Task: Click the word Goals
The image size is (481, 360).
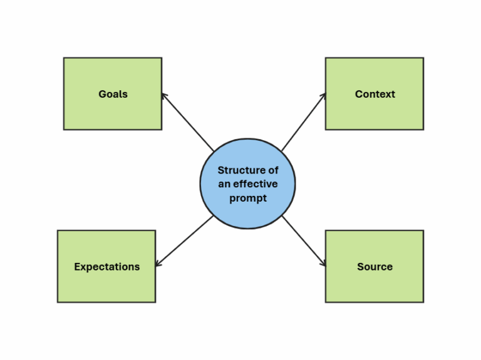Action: coord(113,95)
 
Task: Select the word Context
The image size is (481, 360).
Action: coord(375,95)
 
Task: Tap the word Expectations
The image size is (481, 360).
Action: coord(106,267)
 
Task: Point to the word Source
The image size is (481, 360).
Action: coord(375,267)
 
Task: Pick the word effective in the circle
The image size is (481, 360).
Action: coord(256,184)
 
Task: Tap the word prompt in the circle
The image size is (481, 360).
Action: coord(248,198)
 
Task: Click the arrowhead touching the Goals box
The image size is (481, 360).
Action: coord(163,96)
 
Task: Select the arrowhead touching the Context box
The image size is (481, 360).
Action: coord(323,96)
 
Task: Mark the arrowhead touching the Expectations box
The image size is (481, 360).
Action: coord(158,264)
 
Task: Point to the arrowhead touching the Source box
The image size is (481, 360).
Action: coord(323,264)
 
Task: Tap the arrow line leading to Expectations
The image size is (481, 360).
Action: coord(185,240)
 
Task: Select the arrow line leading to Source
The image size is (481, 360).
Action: coord(303,241)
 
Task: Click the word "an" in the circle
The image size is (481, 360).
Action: coord(224,184)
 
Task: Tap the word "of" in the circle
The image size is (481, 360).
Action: coord(272,170)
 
